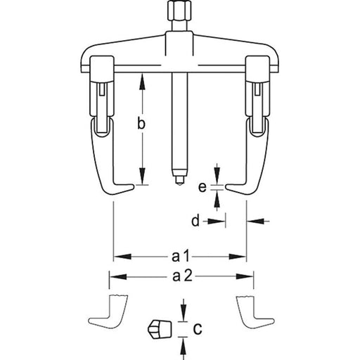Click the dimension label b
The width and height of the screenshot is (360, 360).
click(141, 124)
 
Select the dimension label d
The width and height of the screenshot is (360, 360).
click(196, 221)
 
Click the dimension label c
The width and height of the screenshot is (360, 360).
click(198, 328)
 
